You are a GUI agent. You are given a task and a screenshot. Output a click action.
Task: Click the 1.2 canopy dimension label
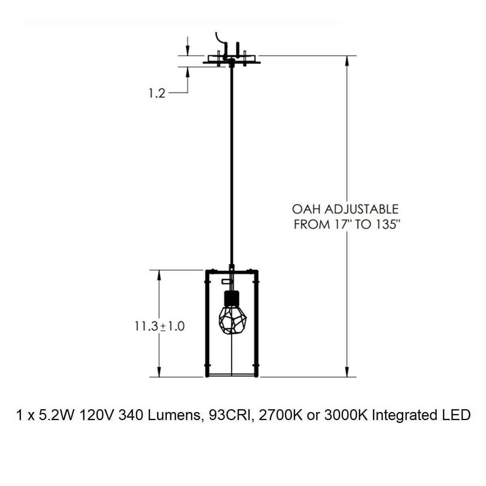(x=157, y=93)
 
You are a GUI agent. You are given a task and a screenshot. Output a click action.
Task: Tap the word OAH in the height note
(x=306, y=209)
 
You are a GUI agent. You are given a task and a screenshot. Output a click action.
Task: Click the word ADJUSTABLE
(x=361, y=209)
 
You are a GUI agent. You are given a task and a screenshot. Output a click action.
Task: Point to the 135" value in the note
(x=389, y=224)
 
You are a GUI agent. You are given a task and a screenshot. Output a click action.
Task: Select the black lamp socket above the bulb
(x=232, y=298)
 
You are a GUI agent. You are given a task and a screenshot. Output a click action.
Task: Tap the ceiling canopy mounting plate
(x=232, y=62)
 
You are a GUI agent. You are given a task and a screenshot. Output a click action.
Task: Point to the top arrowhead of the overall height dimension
(x=347, y=60)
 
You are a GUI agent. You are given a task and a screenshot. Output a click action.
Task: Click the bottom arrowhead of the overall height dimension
(x=347, y=372)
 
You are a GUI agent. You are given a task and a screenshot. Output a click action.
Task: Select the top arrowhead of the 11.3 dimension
(x=159, y=275)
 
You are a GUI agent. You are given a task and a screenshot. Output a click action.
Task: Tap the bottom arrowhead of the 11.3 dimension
(x=159, y=372)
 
